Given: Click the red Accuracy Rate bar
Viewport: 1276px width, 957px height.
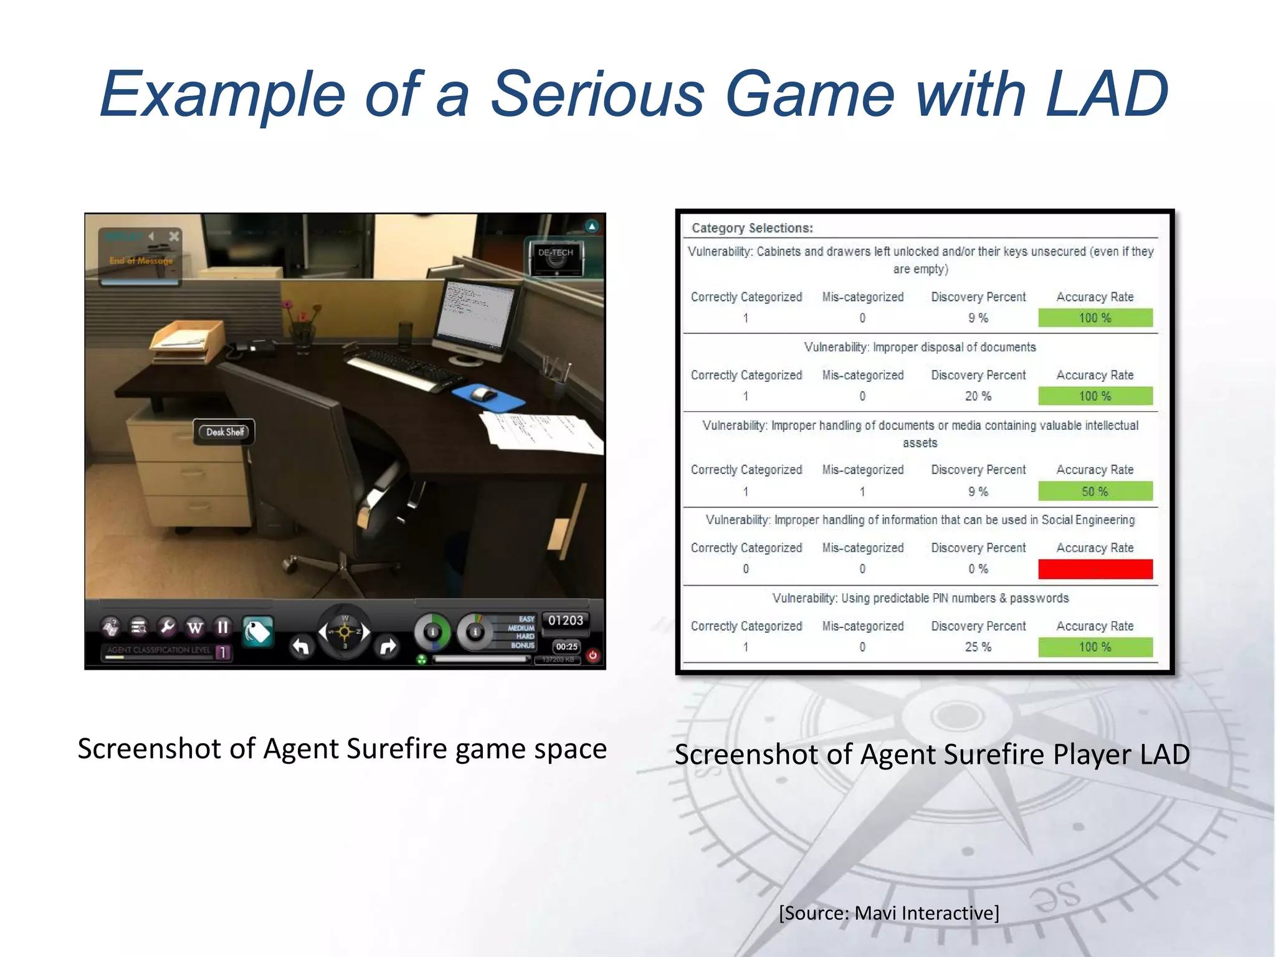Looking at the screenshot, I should pyautogui.click(x=1095, y=569).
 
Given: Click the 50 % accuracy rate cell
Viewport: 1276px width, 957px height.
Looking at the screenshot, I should pyautogui.click(x=1095, y=492).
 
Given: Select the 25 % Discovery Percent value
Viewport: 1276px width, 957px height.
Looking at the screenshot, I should pyautogui.click(x=978, y=647).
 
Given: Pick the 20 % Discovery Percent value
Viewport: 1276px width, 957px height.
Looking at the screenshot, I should pyautogui.click(x=978, y=396).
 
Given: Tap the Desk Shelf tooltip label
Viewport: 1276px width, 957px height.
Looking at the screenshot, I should pyautogui.click(x=224, y=432).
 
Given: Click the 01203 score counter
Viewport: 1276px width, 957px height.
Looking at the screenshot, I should pyautogui.click(x=565, y=621).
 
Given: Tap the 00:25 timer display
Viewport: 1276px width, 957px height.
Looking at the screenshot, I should pyautogui.click(x=566, y=647).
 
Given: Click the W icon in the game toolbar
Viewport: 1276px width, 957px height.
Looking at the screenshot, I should pyautogui.click(x=195, y=627).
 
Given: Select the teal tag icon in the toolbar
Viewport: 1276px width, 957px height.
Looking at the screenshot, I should pyautogui.click(x=257, y=632).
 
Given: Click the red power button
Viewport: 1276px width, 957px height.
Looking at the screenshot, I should pyautogui.click(x=593, y=655).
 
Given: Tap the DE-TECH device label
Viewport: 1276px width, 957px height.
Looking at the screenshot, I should pyautogui.click(x=555, y=253).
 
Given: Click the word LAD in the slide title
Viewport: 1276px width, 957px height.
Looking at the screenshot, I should pyautogui.click(x=1106, y=95).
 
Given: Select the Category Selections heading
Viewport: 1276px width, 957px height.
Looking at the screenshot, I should pyautogui.click(x=752, y=228).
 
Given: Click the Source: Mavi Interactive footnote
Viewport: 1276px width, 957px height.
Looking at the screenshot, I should pyautogui.click(x=888, y=913).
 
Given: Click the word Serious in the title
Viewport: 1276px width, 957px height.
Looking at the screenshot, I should pyautogui.click(x=598, y=95).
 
